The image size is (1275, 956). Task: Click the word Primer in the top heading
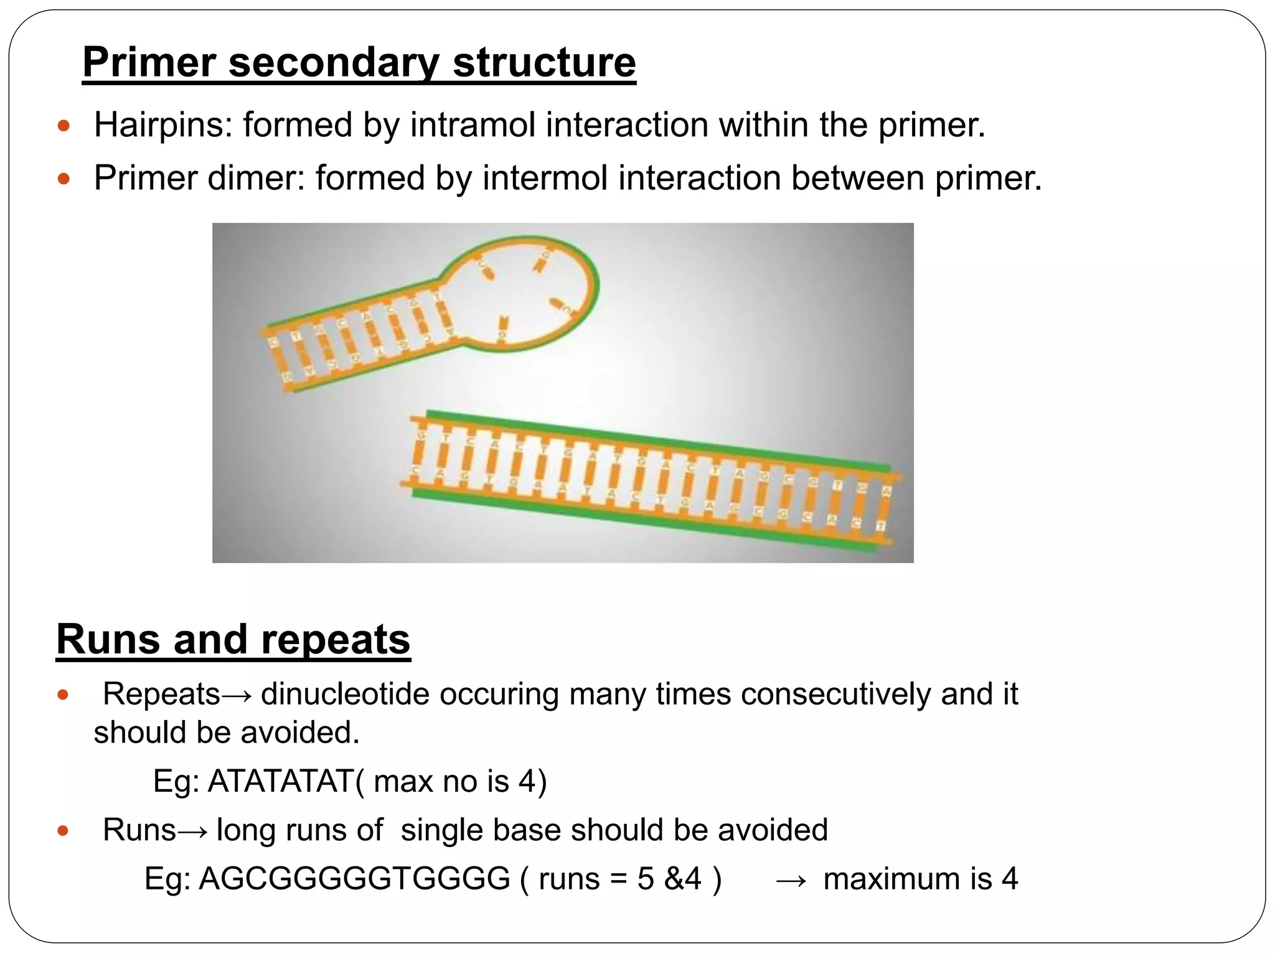coord(149,63)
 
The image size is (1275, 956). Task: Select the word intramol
coord(473,124)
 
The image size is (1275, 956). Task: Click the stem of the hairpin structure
coord(361,339)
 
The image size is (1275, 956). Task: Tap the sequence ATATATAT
coord(281,781)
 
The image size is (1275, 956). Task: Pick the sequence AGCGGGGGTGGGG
coord(354,879)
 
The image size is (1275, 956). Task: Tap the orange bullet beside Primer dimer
coord(63,180)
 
